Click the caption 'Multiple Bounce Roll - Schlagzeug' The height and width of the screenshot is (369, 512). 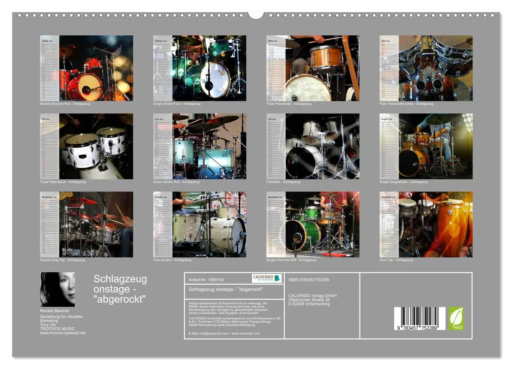[65, 104]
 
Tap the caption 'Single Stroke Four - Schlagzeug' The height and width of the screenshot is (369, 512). [177, 104]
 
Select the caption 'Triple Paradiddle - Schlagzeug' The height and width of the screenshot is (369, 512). [289, 104]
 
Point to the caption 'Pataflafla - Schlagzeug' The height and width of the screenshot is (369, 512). [283, 182]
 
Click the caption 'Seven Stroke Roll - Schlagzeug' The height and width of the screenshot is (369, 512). [176, 182]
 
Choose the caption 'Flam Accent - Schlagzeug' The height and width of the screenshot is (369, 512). [172, 260]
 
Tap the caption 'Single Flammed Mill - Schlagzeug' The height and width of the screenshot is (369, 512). [291, 260]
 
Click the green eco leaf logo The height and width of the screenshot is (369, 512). [456, 318]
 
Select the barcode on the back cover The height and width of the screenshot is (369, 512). [417, 318]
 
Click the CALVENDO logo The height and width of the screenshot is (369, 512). [267, 278]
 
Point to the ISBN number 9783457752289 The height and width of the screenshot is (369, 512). [309, 280]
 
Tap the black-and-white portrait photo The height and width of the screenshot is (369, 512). [57, 289]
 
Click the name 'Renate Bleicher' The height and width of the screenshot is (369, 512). [54, 311]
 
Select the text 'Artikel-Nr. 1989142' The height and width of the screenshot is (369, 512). [206, 280]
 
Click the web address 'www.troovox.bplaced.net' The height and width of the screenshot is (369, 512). [63, 333]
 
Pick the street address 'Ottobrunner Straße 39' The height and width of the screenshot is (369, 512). [309, 300]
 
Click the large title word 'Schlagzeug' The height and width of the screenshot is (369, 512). [120, 279]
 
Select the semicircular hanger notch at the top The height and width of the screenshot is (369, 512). [256, 15]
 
